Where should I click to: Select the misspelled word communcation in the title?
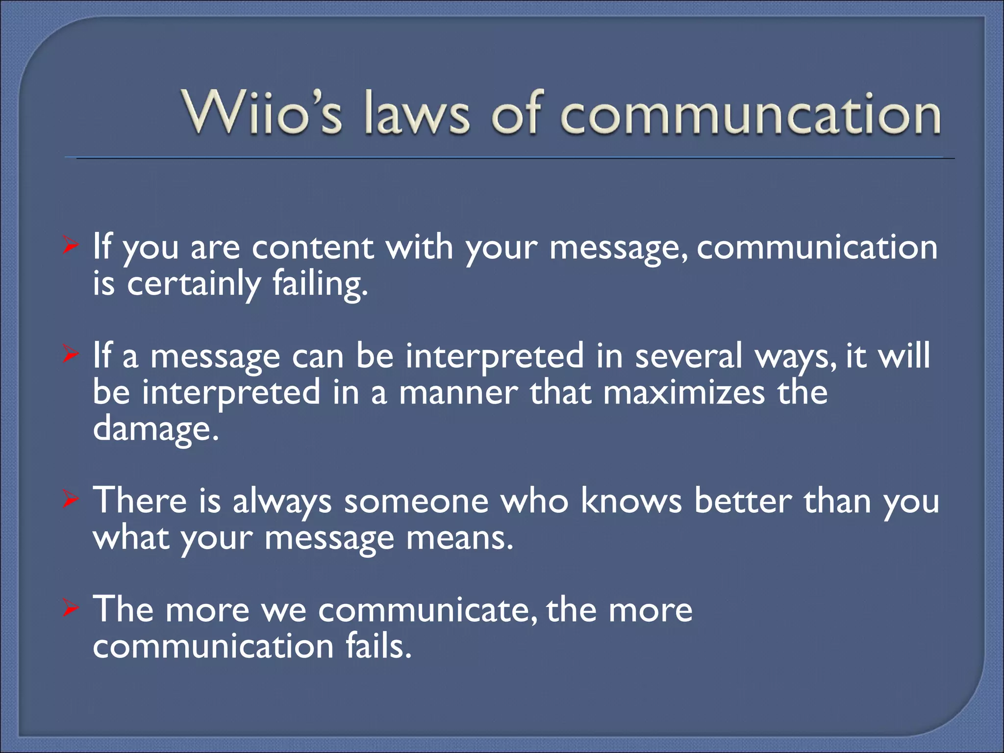point(750,114)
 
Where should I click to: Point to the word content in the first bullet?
point(313,247)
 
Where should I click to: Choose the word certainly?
point(194,284)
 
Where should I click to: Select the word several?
point(689,356)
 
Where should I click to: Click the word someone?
point(416,501)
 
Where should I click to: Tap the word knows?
point(631,501)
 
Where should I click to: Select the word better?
point(743,501)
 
